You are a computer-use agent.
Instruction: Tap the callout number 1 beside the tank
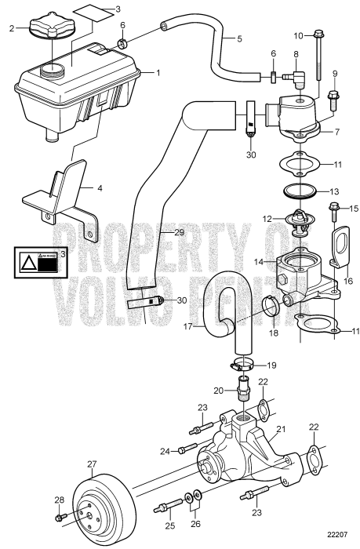coord(158,73)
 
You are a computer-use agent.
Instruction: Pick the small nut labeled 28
coord(60,518)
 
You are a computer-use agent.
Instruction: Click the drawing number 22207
coord(335,535)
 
